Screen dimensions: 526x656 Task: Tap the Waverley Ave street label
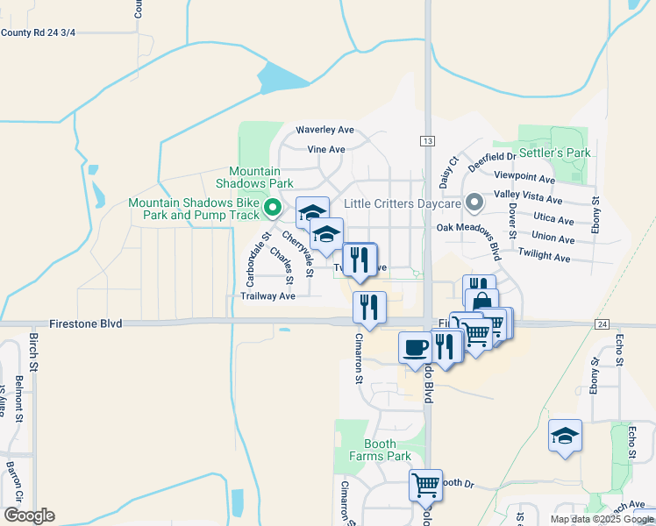(324, 129)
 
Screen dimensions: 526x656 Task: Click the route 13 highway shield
(427, 141)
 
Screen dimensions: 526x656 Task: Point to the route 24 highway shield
(601, 324)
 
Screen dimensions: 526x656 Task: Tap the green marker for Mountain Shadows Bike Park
(272, 209)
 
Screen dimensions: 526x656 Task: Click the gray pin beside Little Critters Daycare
(474, 203)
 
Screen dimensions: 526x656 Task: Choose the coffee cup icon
(415, 346)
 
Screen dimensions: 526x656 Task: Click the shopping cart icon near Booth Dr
(425, 482)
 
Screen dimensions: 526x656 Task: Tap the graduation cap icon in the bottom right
(565, 435)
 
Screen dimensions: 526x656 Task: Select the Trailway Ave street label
(267, 296)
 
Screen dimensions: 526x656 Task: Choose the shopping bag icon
(481, 302)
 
